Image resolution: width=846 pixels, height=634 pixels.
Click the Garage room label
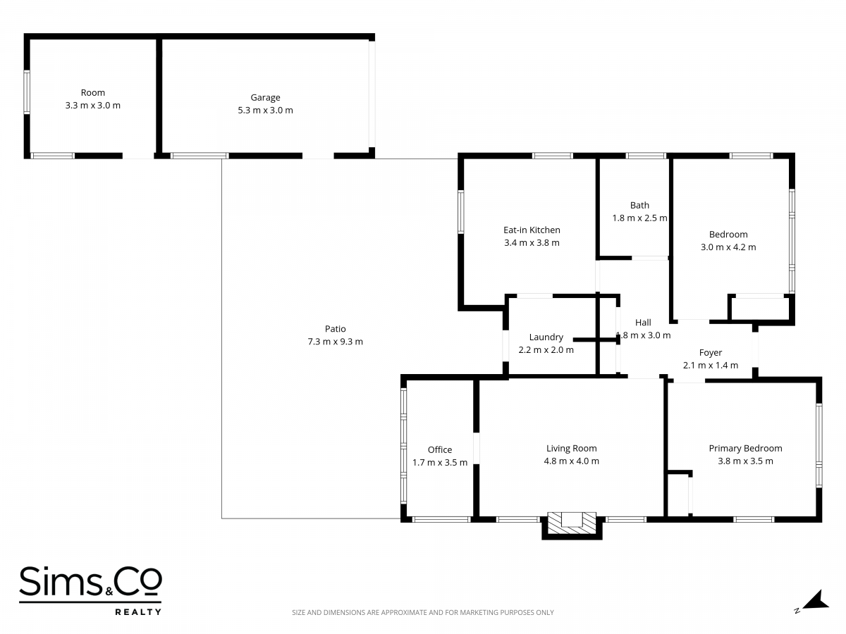point(265,98)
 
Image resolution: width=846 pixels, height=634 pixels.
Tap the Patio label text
point(336,329)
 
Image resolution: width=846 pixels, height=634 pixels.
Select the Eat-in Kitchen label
point(532,230)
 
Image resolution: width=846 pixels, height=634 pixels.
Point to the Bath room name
point(640,205)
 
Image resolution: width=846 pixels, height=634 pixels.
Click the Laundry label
point(546,337)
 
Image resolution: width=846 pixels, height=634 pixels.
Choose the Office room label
point(440,449)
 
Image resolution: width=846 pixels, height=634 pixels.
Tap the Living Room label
point(572,449)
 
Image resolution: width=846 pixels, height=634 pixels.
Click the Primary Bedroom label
point(745,449)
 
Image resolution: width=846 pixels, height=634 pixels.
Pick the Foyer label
point(711,353)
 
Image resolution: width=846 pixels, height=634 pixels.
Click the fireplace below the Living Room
point(572,525)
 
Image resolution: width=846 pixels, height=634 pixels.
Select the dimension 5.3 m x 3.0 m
point(265,111)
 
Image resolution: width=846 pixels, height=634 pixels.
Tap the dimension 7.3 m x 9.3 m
point(336,342)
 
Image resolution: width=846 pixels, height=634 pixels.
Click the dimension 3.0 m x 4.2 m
point(728,247)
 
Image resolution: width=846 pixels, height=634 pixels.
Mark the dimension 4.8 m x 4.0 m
point(572,461)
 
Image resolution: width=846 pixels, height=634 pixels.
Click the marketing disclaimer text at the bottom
point(423,612)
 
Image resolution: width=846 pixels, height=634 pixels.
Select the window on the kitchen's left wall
point(460,212)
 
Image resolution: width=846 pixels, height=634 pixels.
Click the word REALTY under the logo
point(138,611)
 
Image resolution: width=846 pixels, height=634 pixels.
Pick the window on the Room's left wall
point(27,92)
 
